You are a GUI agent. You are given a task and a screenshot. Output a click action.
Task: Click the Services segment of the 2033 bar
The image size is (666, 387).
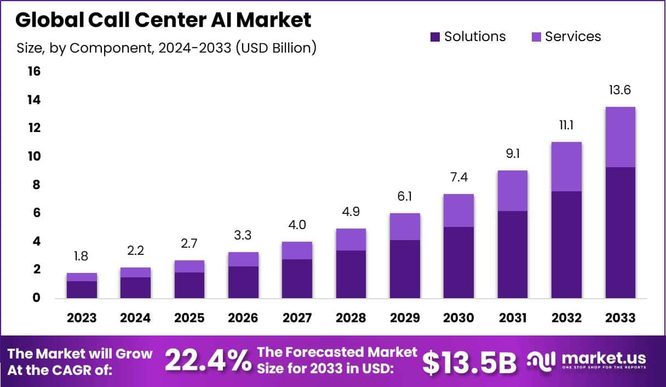pyautogui.click(x=620, y=137)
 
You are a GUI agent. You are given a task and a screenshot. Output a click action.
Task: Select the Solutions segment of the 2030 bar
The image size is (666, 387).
pyautogui.click(x=458, y=263)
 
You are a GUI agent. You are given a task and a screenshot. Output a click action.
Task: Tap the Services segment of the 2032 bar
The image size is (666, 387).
pyautogui.click(x=566, y=167)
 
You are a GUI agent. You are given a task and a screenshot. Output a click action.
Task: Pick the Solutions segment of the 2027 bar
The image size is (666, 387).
pyautogui.click(x=297, y=278)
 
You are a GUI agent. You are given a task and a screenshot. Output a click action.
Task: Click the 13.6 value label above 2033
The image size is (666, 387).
pyautogui.click(x=620, y=90)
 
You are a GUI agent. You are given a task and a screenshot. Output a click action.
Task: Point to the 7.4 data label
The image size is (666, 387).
pyautogui.click(x=458, y=178)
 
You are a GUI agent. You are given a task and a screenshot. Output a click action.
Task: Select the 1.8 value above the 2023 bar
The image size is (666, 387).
pyautogui.click(x=82, y=257)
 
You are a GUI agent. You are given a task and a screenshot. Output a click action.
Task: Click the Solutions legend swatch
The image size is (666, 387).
pyautogui.click(x=435, y=37)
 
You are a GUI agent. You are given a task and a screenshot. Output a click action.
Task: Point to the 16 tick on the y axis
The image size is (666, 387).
pyautogui.click(x=34, y=71)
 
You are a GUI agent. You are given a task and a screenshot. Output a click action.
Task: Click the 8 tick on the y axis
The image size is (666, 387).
pyautogui.click(x=36, y=185)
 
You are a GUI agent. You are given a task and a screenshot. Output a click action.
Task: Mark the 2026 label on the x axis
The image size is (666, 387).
pyautogui.click(x=243, y=318)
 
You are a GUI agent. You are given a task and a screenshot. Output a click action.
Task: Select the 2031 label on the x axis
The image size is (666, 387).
pyautogui.click(x=513, y=318)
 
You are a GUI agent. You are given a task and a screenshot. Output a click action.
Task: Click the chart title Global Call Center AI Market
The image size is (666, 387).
pyautogui.click(x=163, y=20)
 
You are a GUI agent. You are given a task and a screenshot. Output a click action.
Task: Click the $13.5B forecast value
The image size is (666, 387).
pyautogui.click(x=469, y=361)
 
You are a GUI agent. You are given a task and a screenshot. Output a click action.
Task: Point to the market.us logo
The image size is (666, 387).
pyautogui.click(x=587, y=360)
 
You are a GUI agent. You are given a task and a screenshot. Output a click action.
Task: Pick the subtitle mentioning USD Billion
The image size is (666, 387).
pyautogui.click(x=166, y=48)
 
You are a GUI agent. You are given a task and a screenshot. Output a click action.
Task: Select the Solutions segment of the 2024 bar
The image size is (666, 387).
pyautogui.click(x=135, y=288)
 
